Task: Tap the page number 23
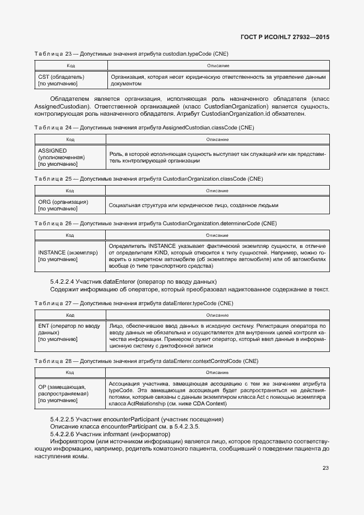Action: tap(325, 468)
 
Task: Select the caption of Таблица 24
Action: tap(143, 127)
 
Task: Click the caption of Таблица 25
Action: tap(148, 179)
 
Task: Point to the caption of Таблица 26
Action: tap(155, 224)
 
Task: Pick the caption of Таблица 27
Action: tap(134, 303)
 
